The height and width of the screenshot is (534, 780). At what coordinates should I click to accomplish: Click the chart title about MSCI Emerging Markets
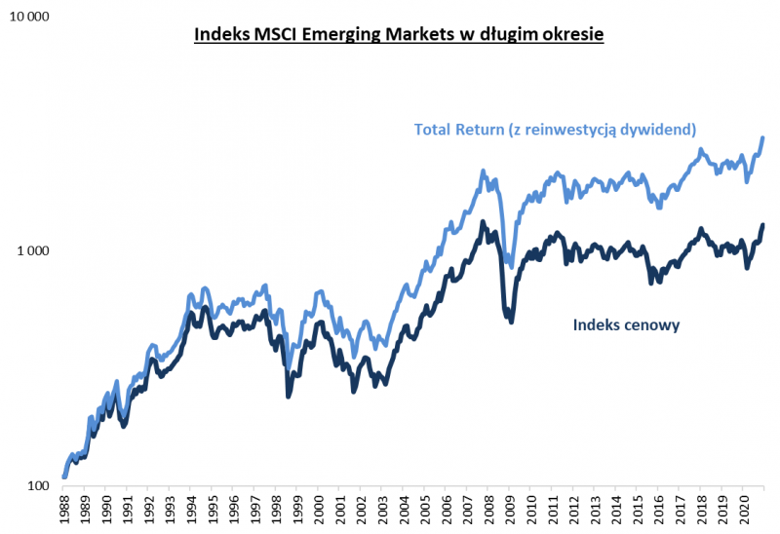click(400, 35)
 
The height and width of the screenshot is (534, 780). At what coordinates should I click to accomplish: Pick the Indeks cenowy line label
click(624, 324)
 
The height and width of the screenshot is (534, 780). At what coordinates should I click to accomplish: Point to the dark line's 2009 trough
click(510, 320)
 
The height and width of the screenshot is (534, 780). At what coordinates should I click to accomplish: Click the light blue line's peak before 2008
click(484, 172)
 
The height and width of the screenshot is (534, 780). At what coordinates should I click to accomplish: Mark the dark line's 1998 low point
click(288, 395)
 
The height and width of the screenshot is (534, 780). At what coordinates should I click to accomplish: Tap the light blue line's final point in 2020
click(762, 138)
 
